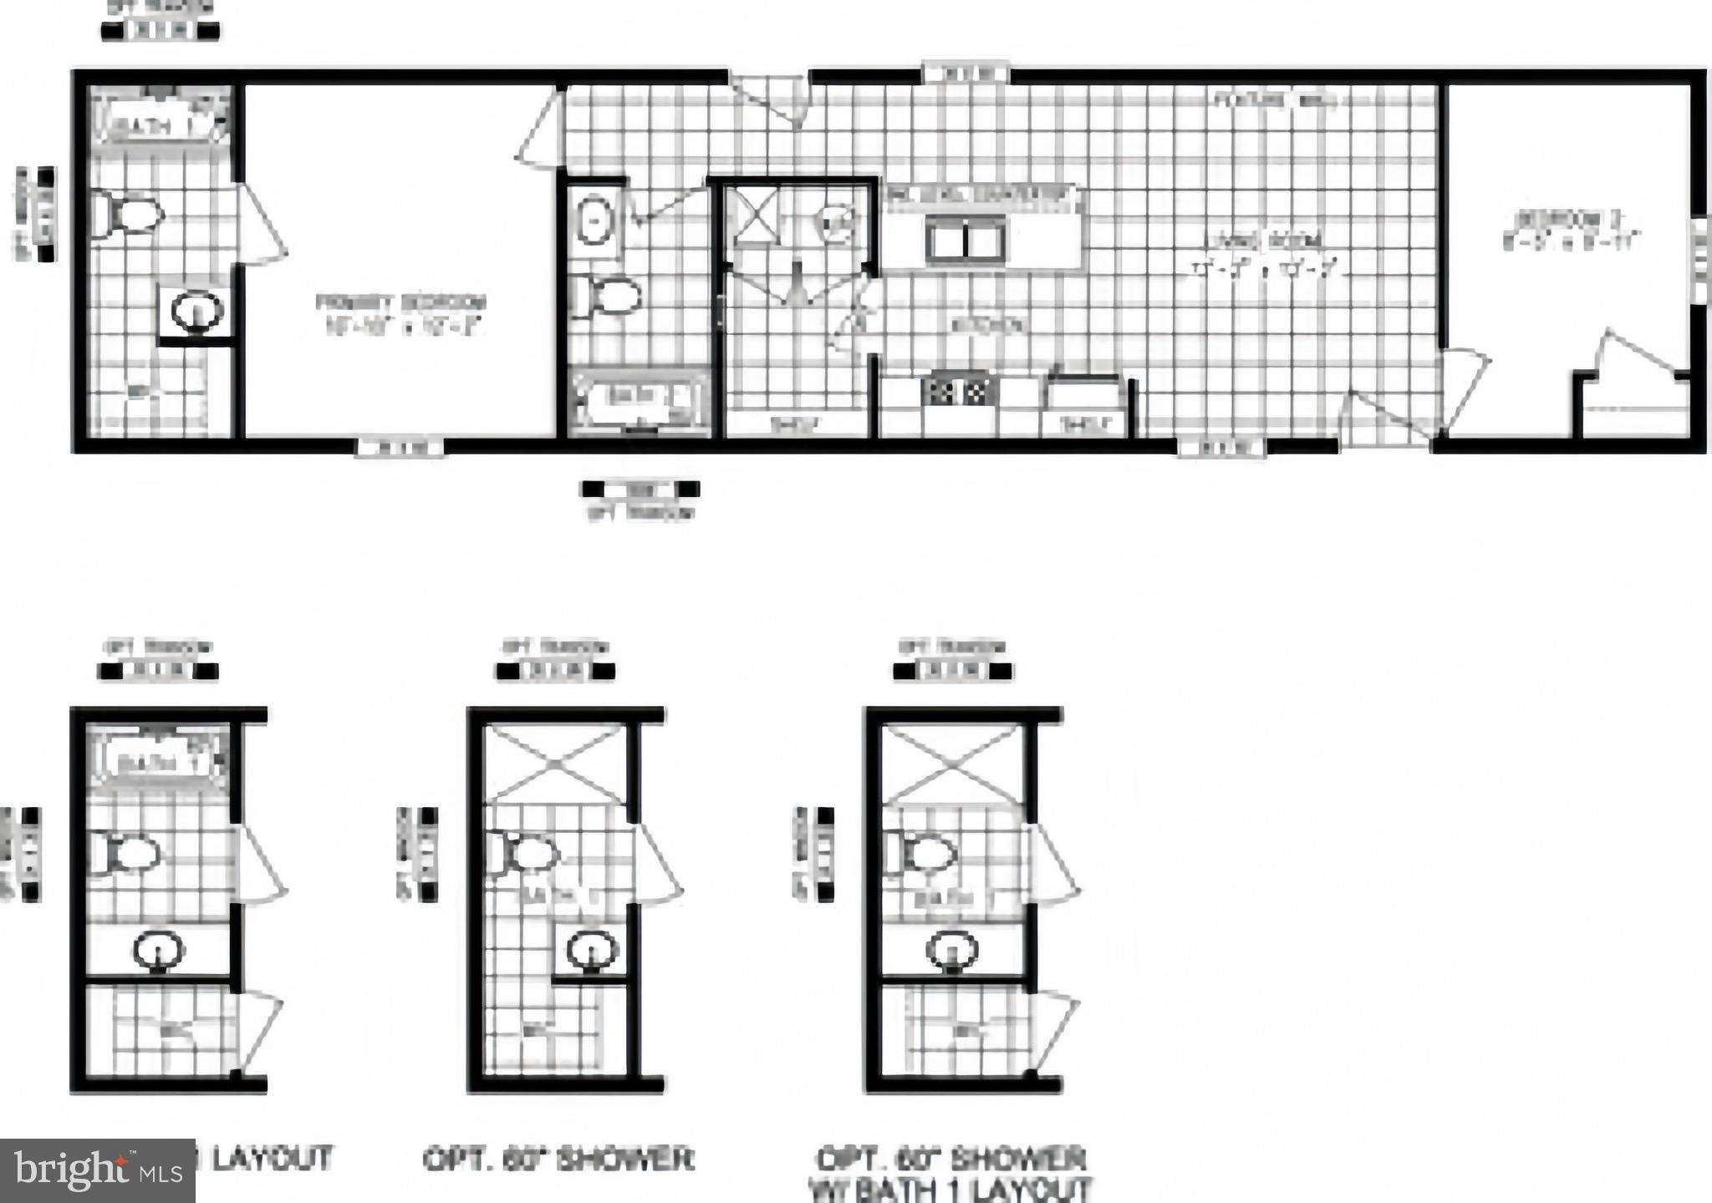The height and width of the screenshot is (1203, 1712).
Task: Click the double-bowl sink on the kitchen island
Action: point(966,240)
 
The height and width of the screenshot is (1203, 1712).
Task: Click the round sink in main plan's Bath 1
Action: point(197,312)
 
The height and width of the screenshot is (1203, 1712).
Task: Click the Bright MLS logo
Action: point(97,1170)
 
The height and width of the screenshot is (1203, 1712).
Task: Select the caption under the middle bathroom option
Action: point(558,1160)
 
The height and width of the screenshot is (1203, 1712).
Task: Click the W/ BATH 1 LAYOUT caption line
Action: point(950,1189)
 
